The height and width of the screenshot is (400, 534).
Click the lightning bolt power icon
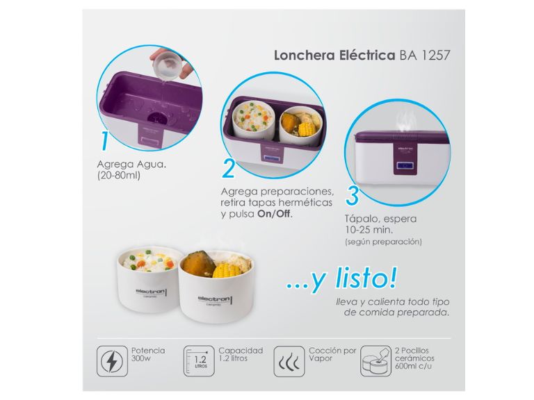[112, 361]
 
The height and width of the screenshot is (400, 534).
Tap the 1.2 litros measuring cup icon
[199, 361]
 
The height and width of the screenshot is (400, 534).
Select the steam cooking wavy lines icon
[289, 361]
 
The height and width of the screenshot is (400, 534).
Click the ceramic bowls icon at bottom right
[376, 361]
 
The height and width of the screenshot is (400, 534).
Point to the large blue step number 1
[105, 140]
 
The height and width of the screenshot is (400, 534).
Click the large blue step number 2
[229, 168]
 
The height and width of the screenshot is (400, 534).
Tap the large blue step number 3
[353, 195]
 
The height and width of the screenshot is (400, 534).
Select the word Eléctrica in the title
[366, 55]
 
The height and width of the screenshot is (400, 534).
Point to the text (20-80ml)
[119, 176]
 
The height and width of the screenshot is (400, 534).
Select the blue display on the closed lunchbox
[405, 166]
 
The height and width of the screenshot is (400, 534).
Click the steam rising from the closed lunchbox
[405, 120]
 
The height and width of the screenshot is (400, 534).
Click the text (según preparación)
[384, 242]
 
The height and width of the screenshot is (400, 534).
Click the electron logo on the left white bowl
[151, 292]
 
